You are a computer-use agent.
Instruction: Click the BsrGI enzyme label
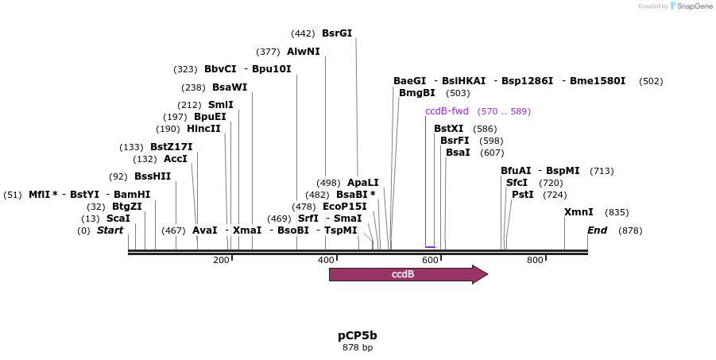pyautogui.click(x=336, y=33)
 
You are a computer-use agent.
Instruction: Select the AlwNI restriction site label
pyautogui.click(x=304, y=52)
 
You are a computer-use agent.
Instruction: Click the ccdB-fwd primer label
pyautogui.click(x=447, y=111)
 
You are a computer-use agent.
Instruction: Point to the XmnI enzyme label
pyautogui.click(x=579, y=212)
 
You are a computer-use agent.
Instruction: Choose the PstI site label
pyautogui.click(x=522, y=195)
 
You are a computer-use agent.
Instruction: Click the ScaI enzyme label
pyautogui.click(x=118, y=219)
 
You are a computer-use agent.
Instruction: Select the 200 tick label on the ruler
pyautogui.click(x=221, y=260)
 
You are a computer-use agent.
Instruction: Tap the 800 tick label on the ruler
pyautogui.click(x=534, y=260)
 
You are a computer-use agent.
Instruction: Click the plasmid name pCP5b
pyautogui.click(x=358, y=335)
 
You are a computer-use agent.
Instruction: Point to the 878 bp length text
pyautogui.click(x=358, y=348)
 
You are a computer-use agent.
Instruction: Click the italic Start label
pyautogui.click(x=110, y=230)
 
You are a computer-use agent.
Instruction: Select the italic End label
pyautogui.click(x=597, y=230)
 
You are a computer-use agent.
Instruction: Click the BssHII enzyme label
pyautogui.click(x=153, y=176)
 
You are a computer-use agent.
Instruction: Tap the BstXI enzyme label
pyautogui.click(x=448, y=129)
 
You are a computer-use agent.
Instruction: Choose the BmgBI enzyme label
pyautogui.click(x=416, y=93)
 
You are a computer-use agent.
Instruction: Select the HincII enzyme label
pyautogui.click(x=203, y=129)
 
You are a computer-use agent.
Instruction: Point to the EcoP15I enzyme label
pyautogui.click(x=345, y=207)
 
